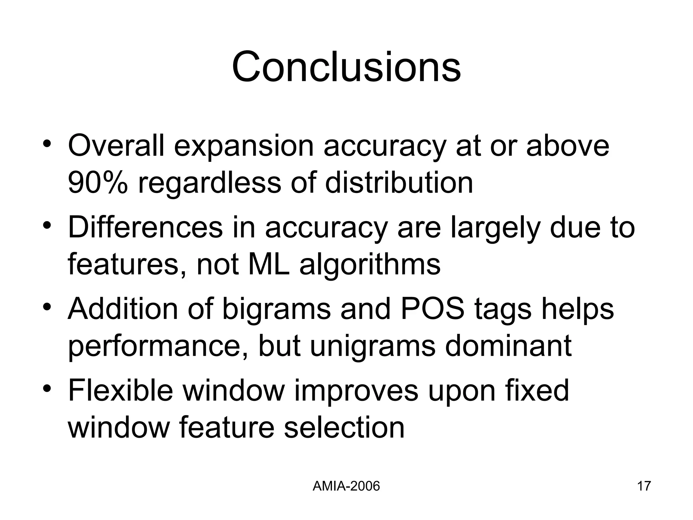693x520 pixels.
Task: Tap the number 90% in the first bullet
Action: tap(98, 183)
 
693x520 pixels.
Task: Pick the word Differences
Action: tap(145, 227)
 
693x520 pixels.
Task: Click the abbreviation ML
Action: tap(269, 264)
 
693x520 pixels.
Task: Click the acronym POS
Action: tap(432, 309)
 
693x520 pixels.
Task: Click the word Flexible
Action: tap(120, 390)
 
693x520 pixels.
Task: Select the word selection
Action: tap(344, 427)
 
